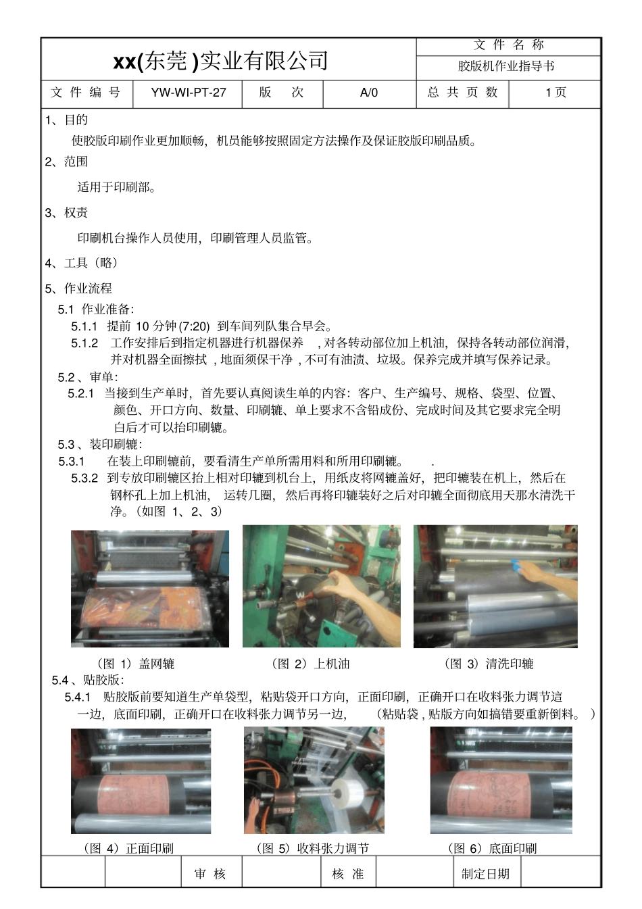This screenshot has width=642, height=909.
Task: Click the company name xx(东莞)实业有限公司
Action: pyautogui.click(x=220, y=61)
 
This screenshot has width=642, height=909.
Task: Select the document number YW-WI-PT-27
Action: pyautogui.click(x=188, y=93)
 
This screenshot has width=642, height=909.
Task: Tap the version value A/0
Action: pyautogui.click(x=369, y=93)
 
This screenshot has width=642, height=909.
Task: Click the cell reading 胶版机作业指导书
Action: pyautogui.click(x=506, y=66)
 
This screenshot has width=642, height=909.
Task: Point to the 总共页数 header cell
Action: pyautogui.click(x=462, y=93)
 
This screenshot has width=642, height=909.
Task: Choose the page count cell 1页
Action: pyautogui.click(x=555, y=93)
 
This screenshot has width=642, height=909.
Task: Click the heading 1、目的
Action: pyautogui.click(x=66, y=120)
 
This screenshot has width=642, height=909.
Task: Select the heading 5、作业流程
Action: pyautogui.click(x=78, y=289)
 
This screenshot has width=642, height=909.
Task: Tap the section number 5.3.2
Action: pyautogui.click(x=84, y=478)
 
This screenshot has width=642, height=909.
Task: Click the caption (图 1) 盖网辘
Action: pyautogui.click(x=136, y=664)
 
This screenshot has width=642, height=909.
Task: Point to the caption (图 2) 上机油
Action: pyautogui.click(x=310, y=664)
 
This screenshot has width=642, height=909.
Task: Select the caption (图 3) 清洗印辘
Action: pyautogui.click(x=489, y=664)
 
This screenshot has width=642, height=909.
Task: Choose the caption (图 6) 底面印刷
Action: pyautogui.click(x=493, y=848)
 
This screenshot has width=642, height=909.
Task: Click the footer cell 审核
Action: pyautogui.click(x=210, y=874)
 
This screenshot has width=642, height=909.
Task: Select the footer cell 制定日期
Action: pyautogui.click(x=485, y=874)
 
